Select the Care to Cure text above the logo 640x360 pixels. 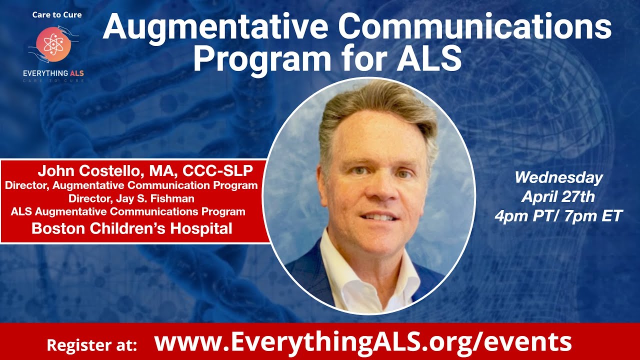coord(57,14)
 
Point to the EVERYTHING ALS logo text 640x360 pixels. coord(53,73)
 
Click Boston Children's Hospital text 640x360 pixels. coord(132,229)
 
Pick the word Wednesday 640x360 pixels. coord(558,177)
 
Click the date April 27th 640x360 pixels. coord(558,196)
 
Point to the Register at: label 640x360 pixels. coord(91,345)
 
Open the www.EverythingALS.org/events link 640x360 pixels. coord(362,342)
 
